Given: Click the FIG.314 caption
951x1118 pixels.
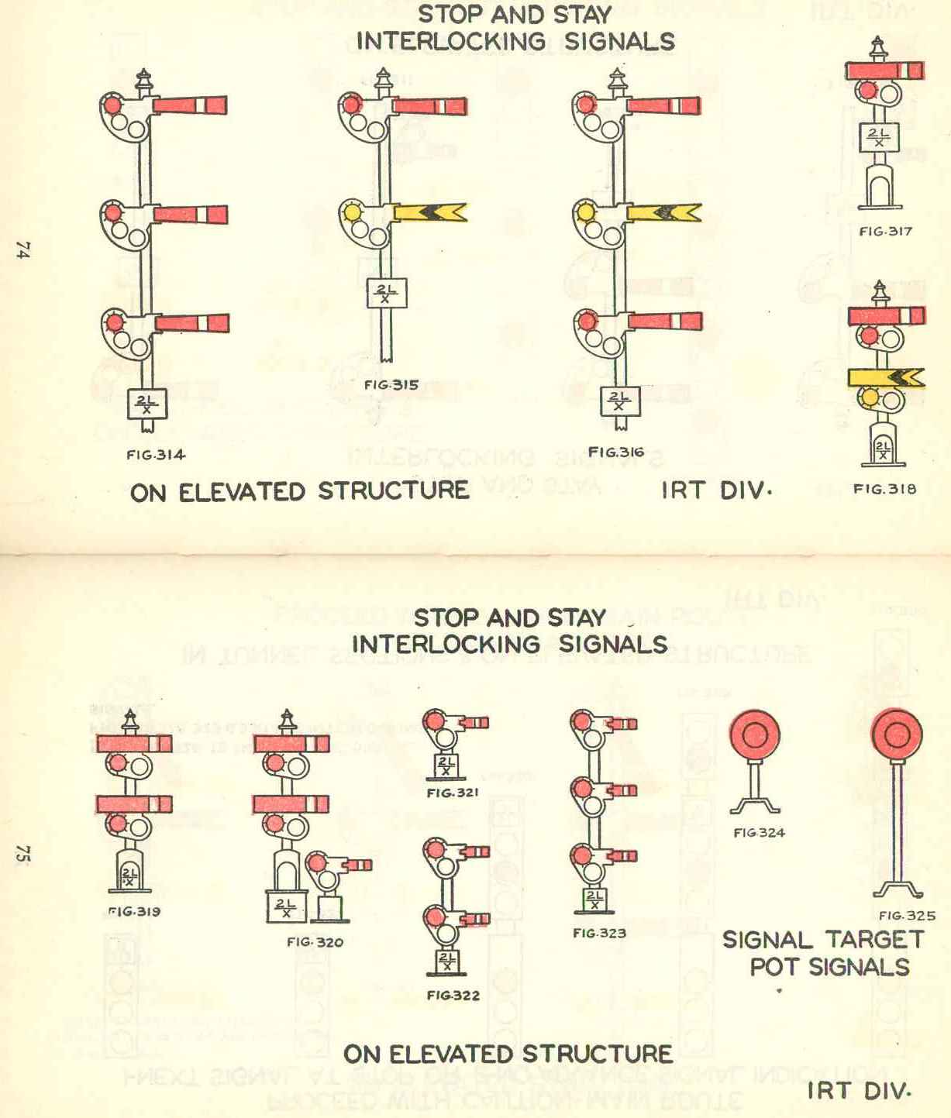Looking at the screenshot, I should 156,455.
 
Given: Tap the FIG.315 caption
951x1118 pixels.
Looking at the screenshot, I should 391,385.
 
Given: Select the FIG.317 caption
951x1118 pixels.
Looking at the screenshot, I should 885,231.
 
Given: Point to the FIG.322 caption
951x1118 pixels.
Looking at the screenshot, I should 453,996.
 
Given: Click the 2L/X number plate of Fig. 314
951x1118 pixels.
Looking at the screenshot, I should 146,404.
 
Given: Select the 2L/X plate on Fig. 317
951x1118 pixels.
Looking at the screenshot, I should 879,138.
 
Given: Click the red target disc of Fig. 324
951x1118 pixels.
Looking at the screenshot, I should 754,734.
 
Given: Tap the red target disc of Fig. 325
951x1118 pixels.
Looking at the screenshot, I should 897,734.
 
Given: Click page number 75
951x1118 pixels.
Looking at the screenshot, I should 22,854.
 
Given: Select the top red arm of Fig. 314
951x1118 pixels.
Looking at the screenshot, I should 190,105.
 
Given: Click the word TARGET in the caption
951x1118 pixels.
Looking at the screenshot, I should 874,940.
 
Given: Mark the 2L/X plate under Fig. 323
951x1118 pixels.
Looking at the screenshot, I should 594,900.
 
